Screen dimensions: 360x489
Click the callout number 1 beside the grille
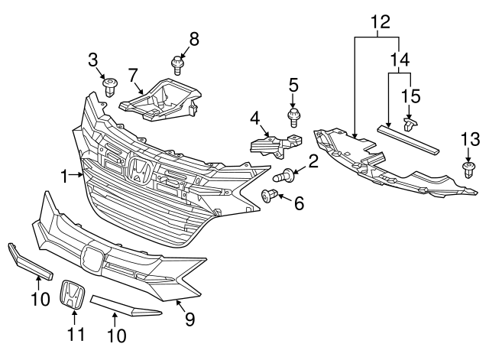coord(66,175)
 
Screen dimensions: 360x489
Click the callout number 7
coord(133,75)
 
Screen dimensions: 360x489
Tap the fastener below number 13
coord(468,170)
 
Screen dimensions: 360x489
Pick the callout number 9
coord(189,319)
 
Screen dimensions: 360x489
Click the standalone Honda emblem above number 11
coord(73,295)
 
